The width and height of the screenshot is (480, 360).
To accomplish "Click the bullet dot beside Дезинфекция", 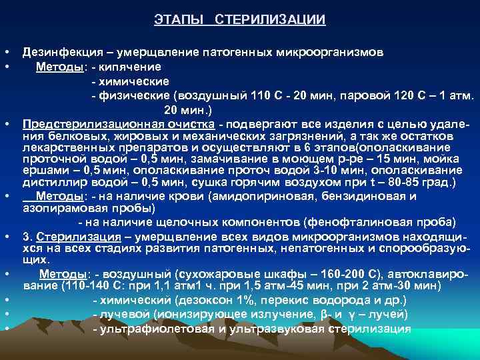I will point(5,52).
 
